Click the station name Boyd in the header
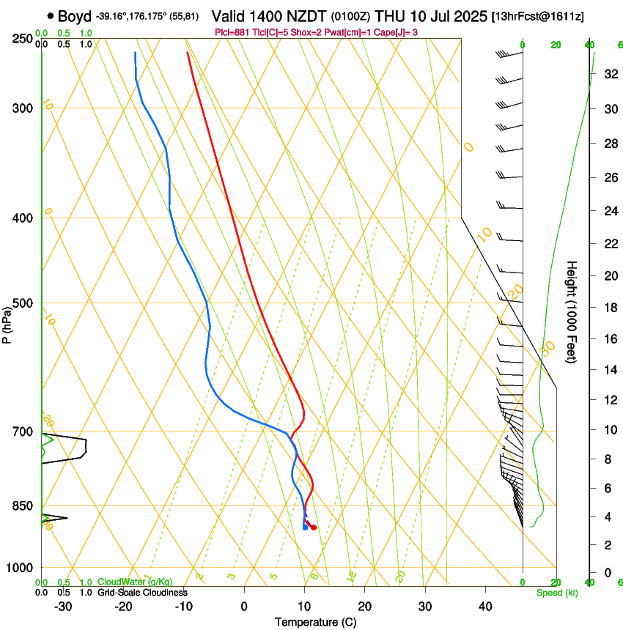point(75,15)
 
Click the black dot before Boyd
point(50,15)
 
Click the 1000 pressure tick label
point(21,567)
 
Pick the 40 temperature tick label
point(485,606)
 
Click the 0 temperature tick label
point(244,606)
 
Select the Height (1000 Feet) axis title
point(572,311)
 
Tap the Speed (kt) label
point(556,593)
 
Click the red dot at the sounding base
point(313,527)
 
